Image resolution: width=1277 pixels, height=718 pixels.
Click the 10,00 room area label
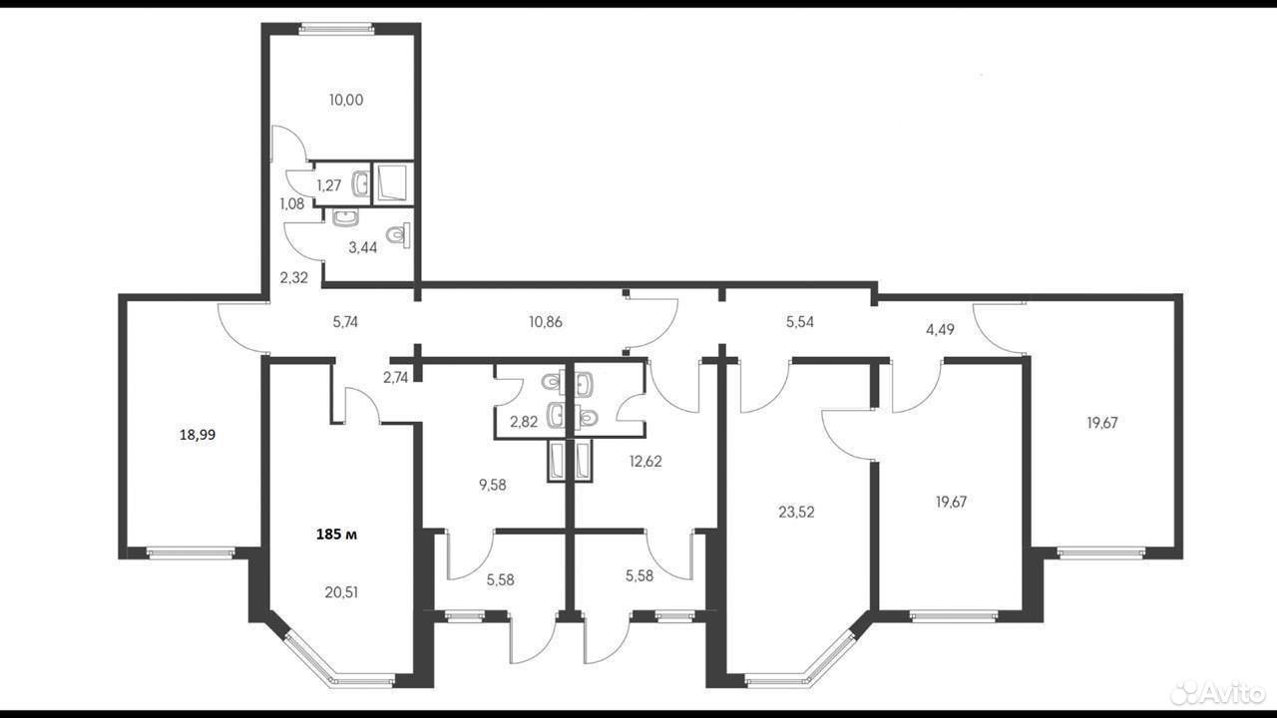point(346,100)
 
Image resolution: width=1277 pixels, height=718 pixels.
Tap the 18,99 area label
point(198,435)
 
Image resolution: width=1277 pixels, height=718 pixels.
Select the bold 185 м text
point(337,535)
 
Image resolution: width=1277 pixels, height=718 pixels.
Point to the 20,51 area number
point(341,592)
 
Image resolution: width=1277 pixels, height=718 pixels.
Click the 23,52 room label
point(796,512)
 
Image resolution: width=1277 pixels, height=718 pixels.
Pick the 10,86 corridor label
point(546,322)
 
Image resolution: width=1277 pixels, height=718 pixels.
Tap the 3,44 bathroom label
point(362,247)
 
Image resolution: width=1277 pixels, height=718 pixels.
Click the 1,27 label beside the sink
point(329,185)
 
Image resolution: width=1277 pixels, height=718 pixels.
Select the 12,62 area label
point(645,461)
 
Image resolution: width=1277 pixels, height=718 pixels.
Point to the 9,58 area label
point(493,485)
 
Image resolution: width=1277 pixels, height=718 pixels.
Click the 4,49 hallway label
point(940,330)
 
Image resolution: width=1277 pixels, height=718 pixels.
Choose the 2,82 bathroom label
point(524,422)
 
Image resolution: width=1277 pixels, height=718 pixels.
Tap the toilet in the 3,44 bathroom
point(398,234)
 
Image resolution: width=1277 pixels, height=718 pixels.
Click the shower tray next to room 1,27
point(393,183)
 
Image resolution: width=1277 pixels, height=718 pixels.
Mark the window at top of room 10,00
point(337,29)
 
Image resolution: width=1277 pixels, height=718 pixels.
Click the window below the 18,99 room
point(190,552)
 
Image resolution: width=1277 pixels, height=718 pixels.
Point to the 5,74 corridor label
point(345,322)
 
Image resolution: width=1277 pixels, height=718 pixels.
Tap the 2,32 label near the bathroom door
point(293,277)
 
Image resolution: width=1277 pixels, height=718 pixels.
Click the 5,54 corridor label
point(800,322)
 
